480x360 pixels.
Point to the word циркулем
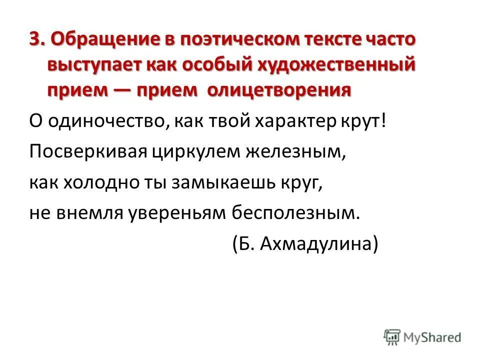coord(196,151)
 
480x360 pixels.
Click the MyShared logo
coord(423,337)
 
